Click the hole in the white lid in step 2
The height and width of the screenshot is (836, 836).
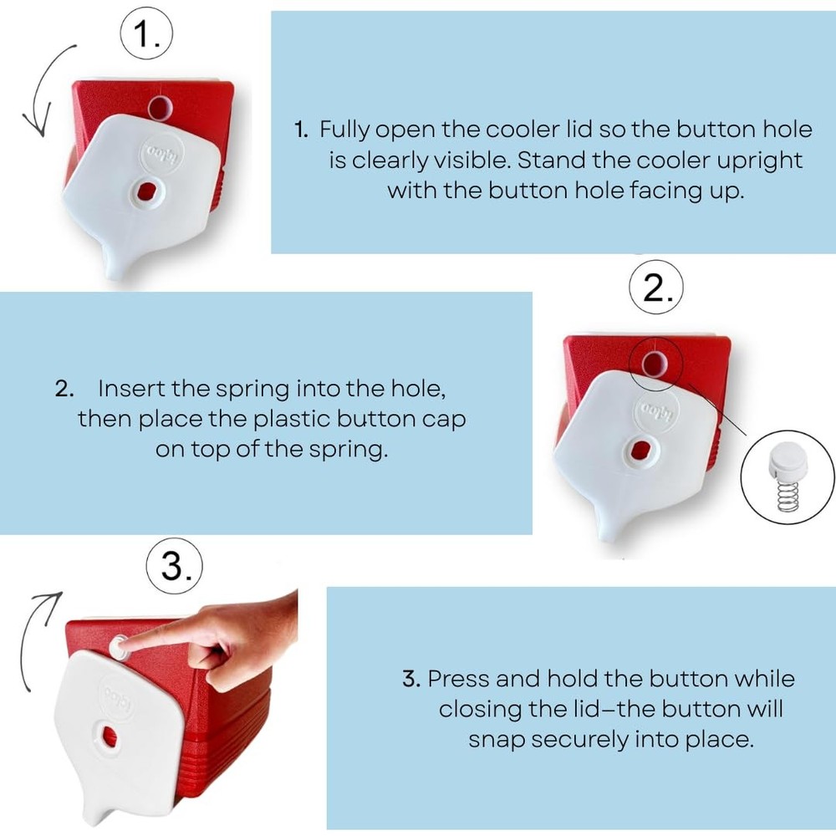[640, 450]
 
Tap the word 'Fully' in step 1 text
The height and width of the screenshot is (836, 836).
[344, 130]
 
